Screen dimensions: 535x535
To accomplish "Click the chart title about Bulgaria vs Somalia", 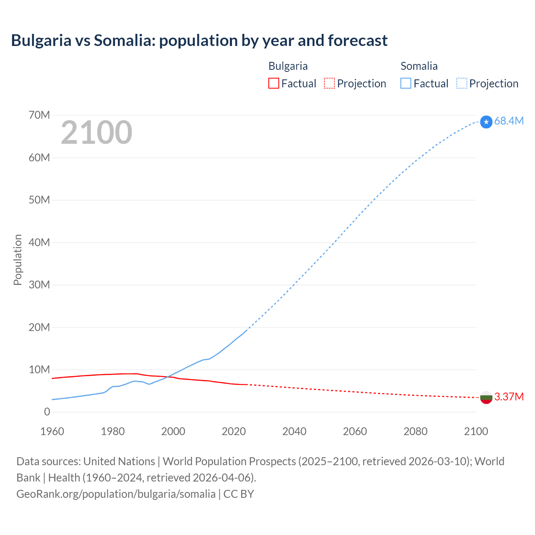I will (x=199, y=41).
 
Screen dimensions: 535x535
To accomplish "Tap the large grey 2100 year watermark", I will (x=97, y=132).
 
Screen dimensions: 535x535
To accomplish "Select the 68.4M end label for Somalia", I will (x=509, y=121).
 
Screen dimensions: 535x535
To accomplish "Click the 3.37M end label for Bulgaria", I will (x=509, y=397).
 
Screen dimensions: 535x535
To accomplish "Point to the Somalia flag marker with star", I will (x=486, y=122).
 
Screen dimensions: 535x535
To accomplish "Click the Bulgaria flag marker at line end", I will (x=486, y=397).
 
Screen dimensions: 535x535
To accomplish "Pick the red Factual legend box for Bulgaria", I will (x=273, y=84).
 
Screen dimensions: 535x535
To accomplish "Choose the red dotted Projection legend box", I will (x=329, y=84).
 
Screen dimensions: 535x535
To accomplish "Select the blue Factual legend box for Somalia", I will (x=405, y=84).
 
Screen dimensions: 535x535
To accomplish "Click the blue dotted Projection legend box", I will (x=461, y=84).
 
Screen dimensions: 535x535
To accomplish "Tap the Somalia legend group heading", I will (x=419, y=66).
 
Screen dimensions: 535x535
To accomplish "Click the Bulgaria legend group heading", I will (x=288, y=66).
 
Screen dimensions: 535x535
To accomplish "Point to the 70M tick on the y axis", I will (x=39, y=115).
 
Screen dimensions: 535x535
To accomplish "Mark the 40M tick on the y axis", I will (x=39, y=242).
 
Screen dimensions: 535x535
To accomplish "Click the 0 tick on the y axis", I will (x=47, y=412).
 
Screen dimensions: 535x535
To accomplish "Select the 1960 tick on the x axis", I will (x=52, y=431).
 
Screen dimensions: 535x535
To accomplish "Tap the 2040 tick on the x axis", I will (x=294, y=431).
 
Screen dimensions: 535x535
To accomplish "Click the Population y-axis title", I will (x=18, y=260).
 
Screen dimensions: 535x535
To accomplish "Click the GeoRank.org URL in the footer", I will (x=116, y=494).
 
